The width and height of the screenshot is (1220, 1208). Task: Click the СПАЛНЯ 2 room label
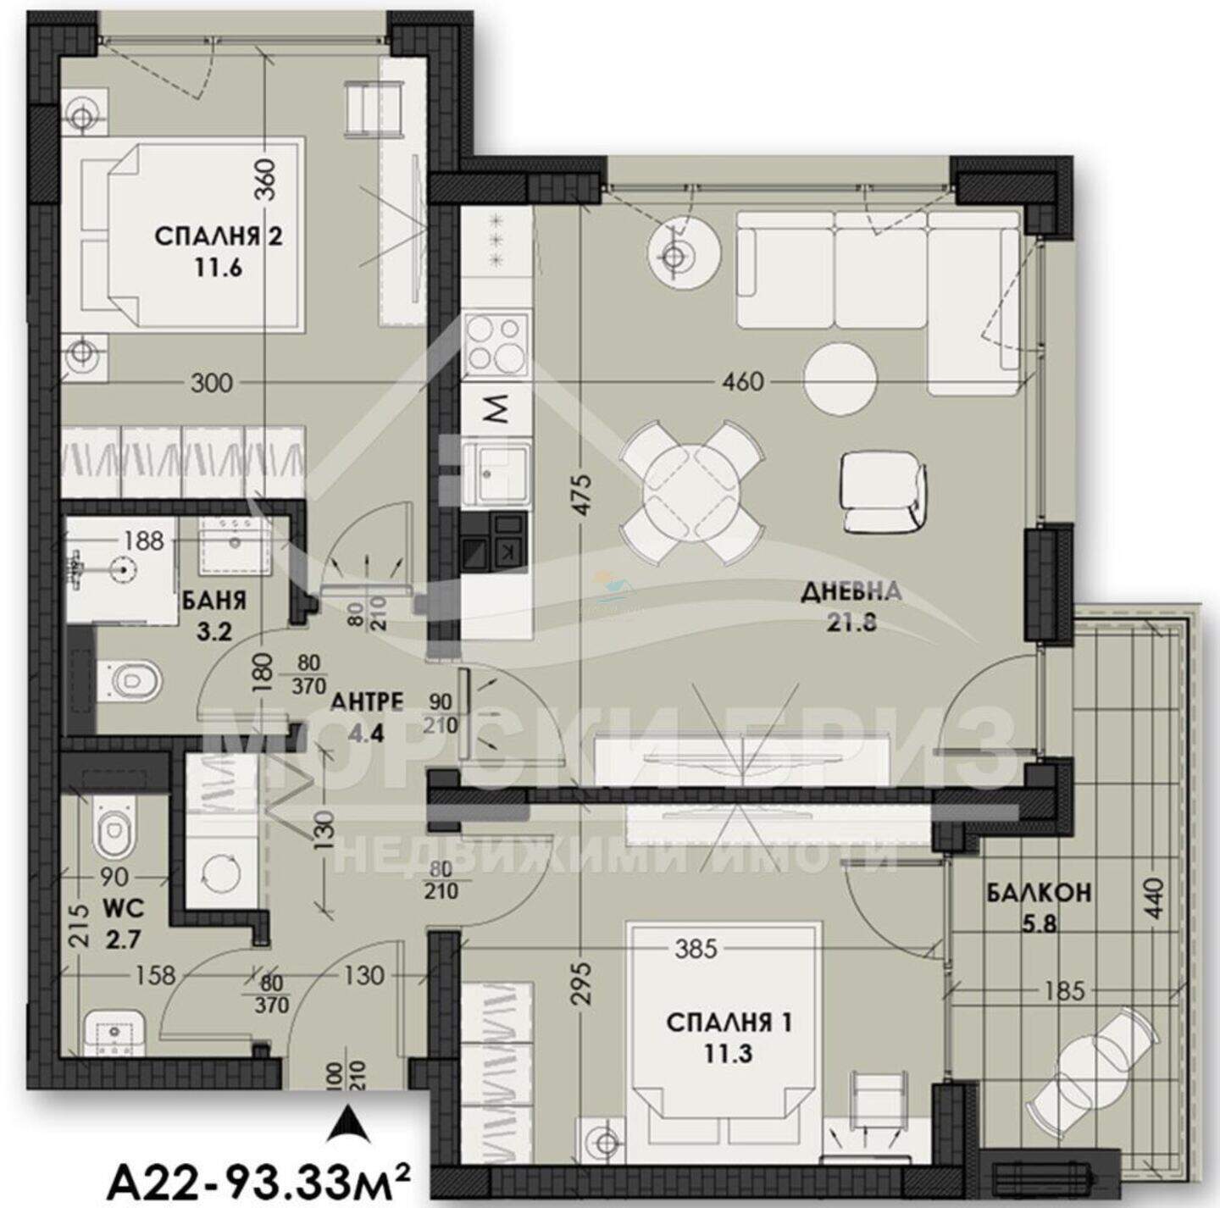pyautogui.click(x=219, y=237)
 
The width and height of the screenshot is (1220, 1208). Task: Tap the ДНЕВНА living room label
pyautogui.click(x=851, y=593)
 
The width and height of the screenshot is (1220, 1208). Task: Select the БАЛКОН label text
pyautogui.click(x=1039, y=894)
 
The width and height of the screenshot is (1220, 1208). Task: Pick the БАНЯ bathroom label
pyautogui.click(x=214, y=600)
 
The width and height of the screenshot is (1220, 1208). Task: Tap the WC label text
pyautogui.click(x=124, y=909)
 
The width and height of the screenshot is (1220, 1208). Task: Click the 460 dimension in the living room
pyautogui.click(x=743, y=382)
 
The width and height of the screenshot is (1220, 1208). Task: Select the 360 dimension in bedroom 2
pyautogui.click(x=267, y=180)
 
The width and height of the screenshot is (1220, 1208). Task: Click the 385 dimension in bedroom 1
pyautogui.click(x=696, y=948)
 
